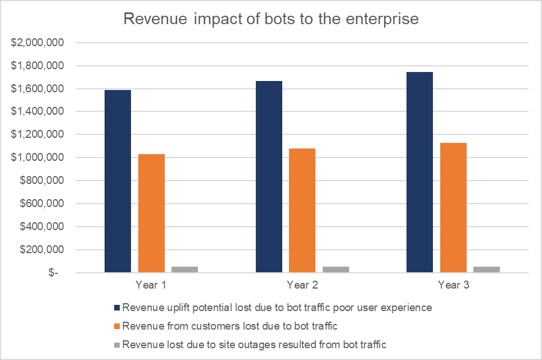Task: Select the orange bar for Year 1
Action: (x=151, y=213)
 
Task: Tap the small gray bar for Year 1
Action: (x=184, y=269)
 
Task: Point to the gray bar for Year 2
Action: (x=336, y=269)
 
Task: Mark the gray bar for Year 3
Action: (x=486, y=269)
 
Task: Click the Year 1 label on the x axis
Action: (x=151, y=285)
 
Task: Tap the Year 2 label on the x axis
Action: (x=302, y=285)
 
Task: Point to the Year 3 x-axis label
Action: (x=453, y=285)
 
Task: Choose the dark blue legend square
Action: (x=116, y=308)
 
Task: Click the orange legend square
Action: (x=116, y=326)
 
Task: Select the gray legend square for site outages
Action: (x=116, y=344)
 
